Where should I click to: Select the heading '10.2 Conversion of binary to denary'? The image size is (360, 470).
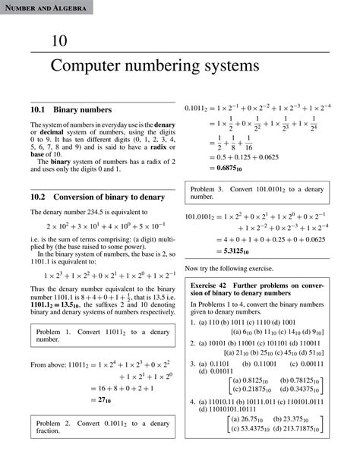[94, 195]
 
